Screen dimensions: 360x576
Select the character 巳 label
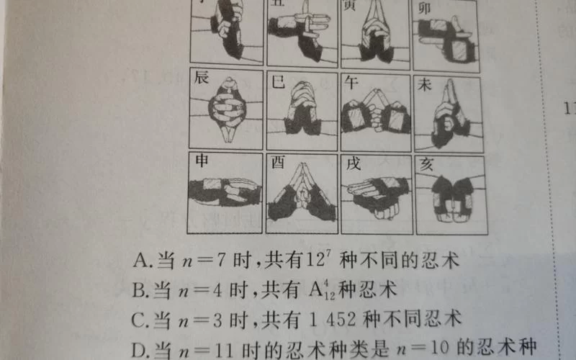(x=277, y=81)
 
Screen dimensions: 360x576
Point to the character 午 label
(x=351, y=81)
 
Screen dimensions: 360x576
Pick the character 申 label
(x=202, y=163)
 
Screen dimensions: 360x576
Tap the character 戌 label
(x=353, y=164)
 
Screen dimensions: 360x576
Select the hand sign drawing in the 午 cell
(x=374, y=114)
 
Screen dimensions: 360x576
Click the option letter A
(x=140, y=260)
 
